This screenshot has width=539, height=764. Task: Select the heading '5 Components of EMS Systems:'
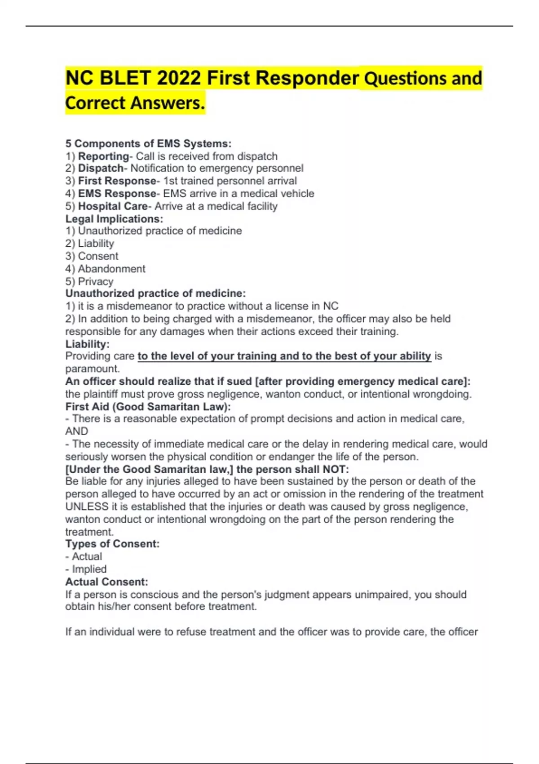tap(148, 144)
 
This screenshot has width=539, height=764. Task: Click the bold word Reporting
tap(103, 156)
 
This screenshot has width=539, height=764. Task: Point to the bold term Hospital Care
tap(112, 206)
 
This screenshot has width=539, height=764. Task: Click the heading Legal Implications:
tap(114, 219)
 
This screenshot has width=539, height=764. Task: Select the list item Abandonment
tap(111, 269)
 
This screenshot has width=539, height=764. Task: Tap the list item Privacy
tap(95, 281)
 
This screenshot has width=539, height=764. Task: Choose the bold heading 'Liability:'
tap(87, 344)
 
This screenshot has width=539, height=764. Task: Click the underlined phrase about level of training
tap(284, 356)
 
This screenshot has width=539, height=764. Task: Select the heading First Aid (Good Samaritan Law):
tap(148, 407)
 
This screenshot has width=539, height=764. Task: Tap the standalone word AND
tap(77, 431)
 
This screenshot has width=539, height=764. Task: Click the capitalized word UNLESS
tap(87, 507)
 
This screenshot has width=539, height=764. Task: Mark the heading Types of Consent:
tap(112, 544)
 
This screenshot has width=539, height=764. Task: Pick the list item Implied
tap(89, 569)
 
